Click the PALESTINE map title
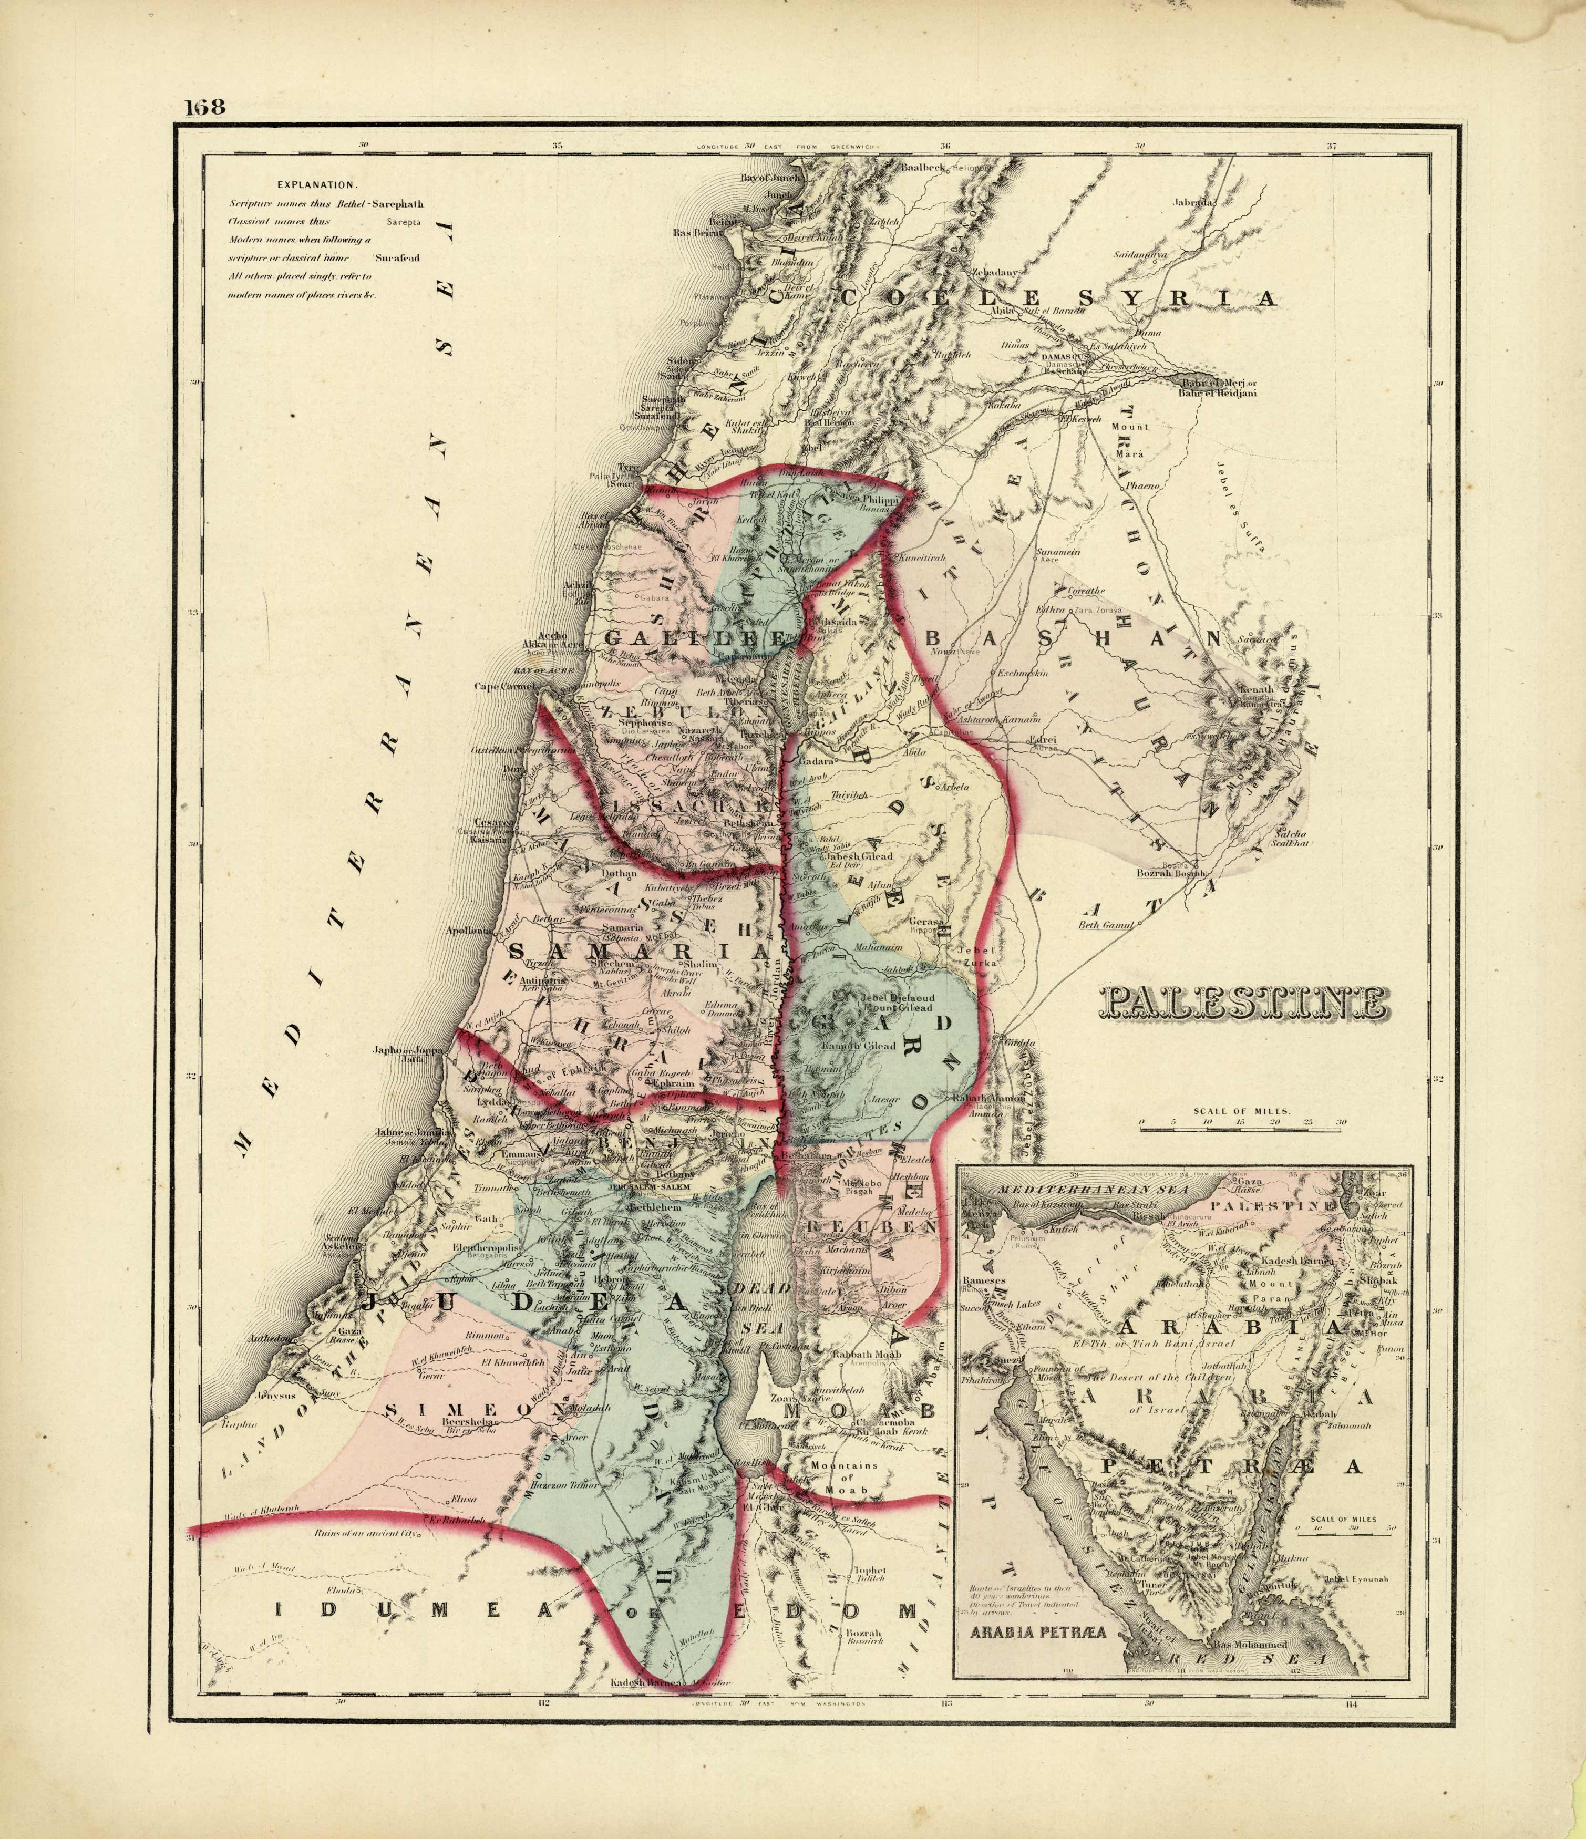point(1242,1003)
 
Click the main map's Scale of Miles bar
point(1241,1130)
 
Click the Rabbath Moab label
point(866,1355)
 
